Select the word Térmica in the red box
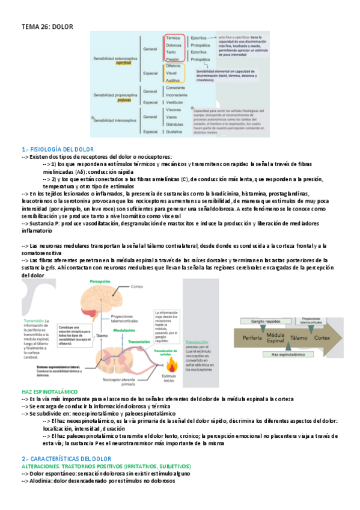coord(174,37)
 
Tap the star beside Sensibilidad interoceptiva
coord(91,119)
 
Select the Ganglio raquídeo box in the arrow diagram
coord(269,322)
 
